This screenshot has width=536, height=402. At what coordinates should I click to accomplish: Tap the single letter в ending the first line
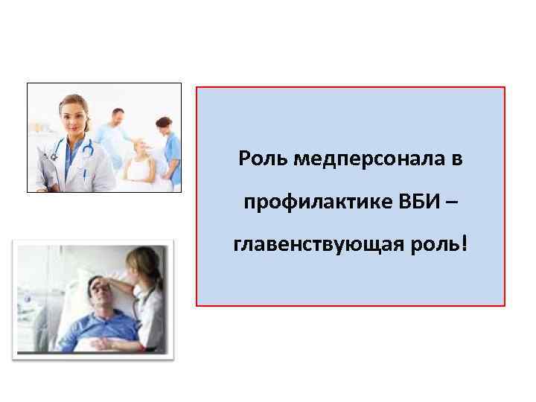click(457, 159)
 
